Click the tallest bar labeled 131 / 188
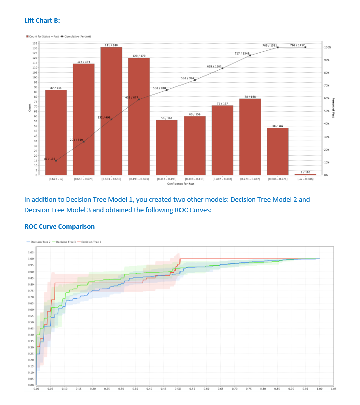pyautogui.click(x=111, y=110)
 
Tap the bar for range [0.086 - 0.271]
pyautogui.click(x=277, y=151)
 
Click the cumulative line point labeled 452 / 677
pyautogui.click(x=139, y=99)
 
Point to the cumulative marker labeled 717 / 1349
pyautogui.click(x=250, y=55)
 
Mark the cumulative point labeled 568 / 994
pyautogui.click(x=195, y=80)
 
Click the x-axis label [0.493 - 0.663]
pyautogui.click(x=139, y=178)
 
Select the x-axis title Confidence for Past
pyautogui.click(x=181, y=184)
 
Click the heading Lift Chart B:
pyautogui.click(x=43, y=20)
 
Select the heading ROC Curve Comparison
pyautogui.click(x=59, y=226)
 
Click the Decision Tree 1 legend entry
pyautogui.click(x=92, y=242)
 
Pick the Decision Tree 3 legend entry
pyautogui.click(x=67, y=242)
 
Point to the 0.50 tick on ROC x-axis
pyautogui.click(x=177, y=388)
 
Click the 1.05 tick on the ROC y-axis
pyautogui.click(x=31, y=253)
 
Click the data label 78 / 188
pyautogui.click(x=250, y=96)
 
